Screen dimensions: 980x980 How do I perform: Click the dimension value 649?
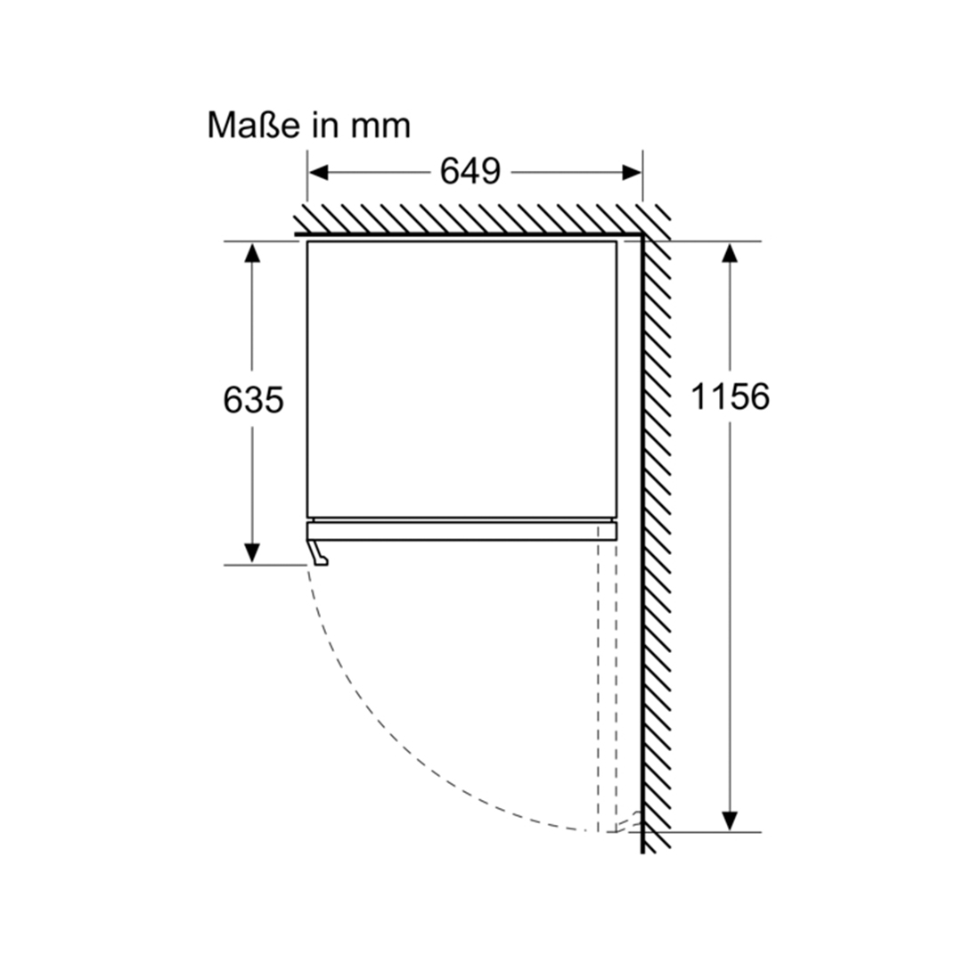[470, 171]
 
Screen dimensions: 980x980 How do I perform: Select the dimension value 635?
[253, 399]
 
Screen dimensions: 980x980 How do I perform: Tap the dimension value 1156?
[730, 396]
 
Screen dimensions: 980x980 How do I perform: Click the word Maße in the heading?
[254, 125]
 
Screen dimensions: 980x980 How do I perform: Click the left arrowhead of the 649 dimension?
[318, 173]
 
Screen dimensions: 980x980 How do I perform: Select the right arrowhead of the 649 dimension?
[632, 173]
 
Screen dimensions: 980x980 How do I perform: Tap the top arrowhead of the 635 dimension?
[252, 252]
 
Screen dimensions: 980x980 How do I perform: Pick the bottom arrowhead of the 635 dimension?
[252, 553]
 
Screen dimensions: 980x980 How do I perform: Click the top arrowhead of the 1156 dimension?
[730, 252]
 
